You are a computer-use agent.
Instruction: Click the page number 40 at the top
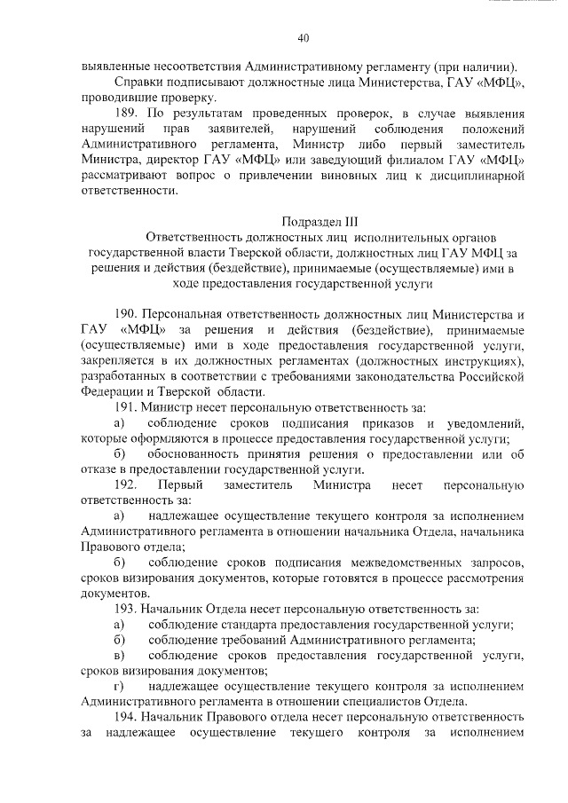(304, 38)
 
